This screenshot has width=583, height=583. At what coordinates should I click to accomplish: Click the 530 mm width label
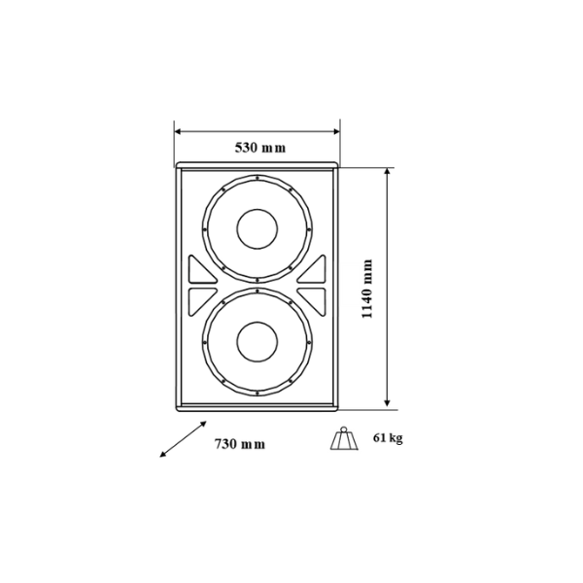pyautogui.click(x=260, y=148)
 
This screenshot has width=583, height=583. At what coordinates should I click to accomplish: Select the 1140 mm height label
pyautogui.click(x=367, y=289)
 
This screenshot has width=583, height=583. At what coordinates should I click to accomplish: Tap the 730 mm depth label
pyautogui.click(x=240, y=444)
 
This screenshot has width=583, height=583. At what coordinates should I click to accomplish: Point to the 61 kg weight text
pyautogui.click(x=388, y=438)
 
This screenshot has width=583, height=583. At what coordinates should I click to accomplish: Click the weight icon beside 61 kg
pyautogui.click(x=344, y=439)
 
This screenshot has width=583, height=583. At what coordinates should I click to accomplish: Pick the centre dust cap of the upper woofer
pyautogui.click(x=257, y=229)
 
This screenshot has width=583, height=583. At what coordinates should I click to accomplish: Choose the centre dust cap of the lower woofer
pyautogui.click(x=257, y=342)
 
